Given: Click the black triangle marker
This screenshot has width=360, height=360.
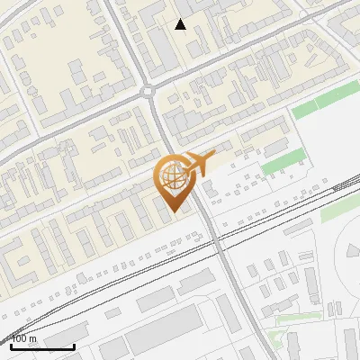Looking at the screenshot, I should click(181, 24).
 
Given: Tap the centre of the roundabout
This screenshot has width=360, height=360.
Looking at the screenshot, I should click(149, 91).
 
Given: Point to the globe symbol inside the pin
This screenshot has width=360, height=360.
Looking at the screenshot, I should click(173, 176).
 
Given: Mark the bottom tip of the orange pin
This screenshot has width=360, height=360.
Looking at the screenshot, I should click(174, 212).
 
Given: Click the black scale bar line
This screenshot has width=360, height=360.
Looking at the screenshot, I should click(42, 346).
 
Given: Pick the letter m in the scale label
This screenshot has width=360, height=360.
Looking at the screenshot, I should click(33, 339).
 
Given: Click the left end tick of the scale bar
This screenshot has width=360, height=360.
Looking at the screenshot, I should click(12, 346).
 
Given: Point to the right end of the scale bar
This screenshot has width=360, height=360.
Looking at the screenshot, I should click(73, 346).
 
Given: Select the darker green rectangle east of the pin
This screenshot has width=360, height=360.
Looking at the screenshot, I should click(281, 163).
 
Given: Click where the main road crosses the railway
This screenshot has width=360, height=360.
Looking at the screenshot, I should click(220, 239).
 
